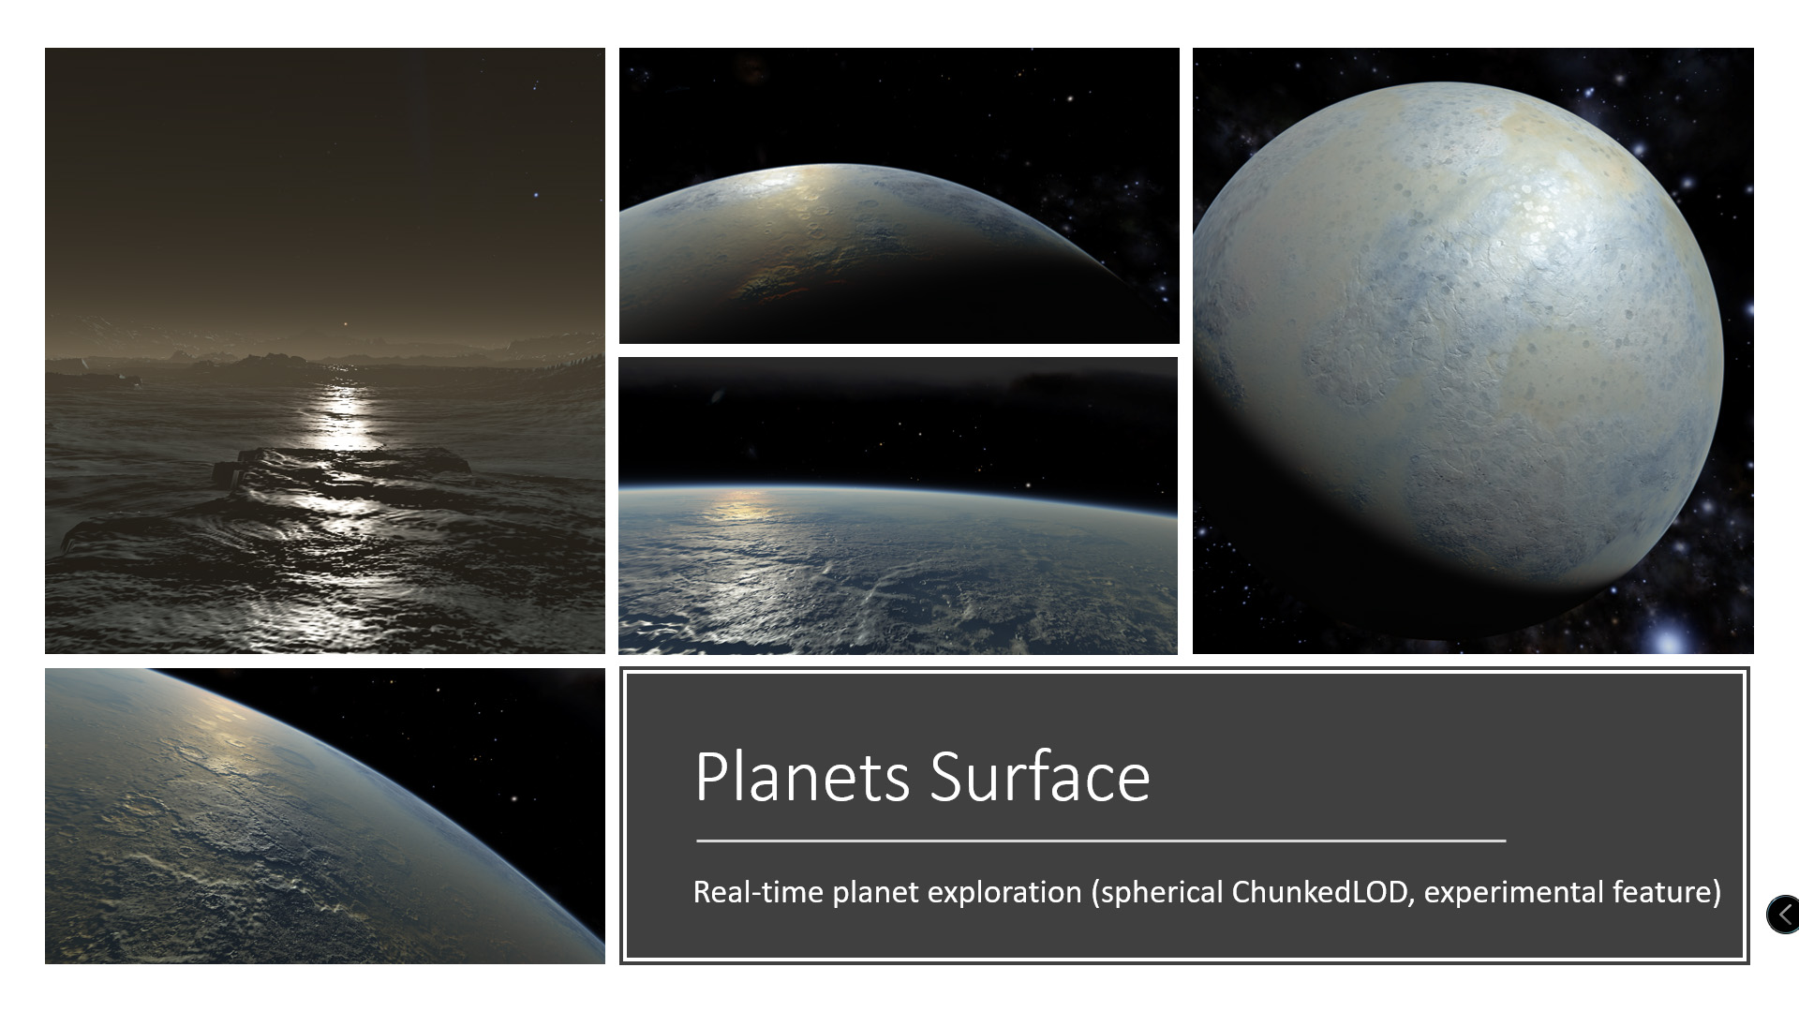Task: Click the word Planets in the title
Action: pos(802,777)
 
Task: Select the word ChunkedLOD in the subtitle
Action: pos(1320,892)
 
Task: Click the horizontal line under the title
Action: pos(1101,841)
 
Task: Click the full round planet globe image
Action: pos(1457,361)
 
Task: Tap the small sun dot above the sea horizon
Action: pos(344,325)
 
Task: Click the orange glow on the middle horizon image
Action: pos(740,506)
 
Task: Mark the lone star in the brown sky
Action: pos(535,195)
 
